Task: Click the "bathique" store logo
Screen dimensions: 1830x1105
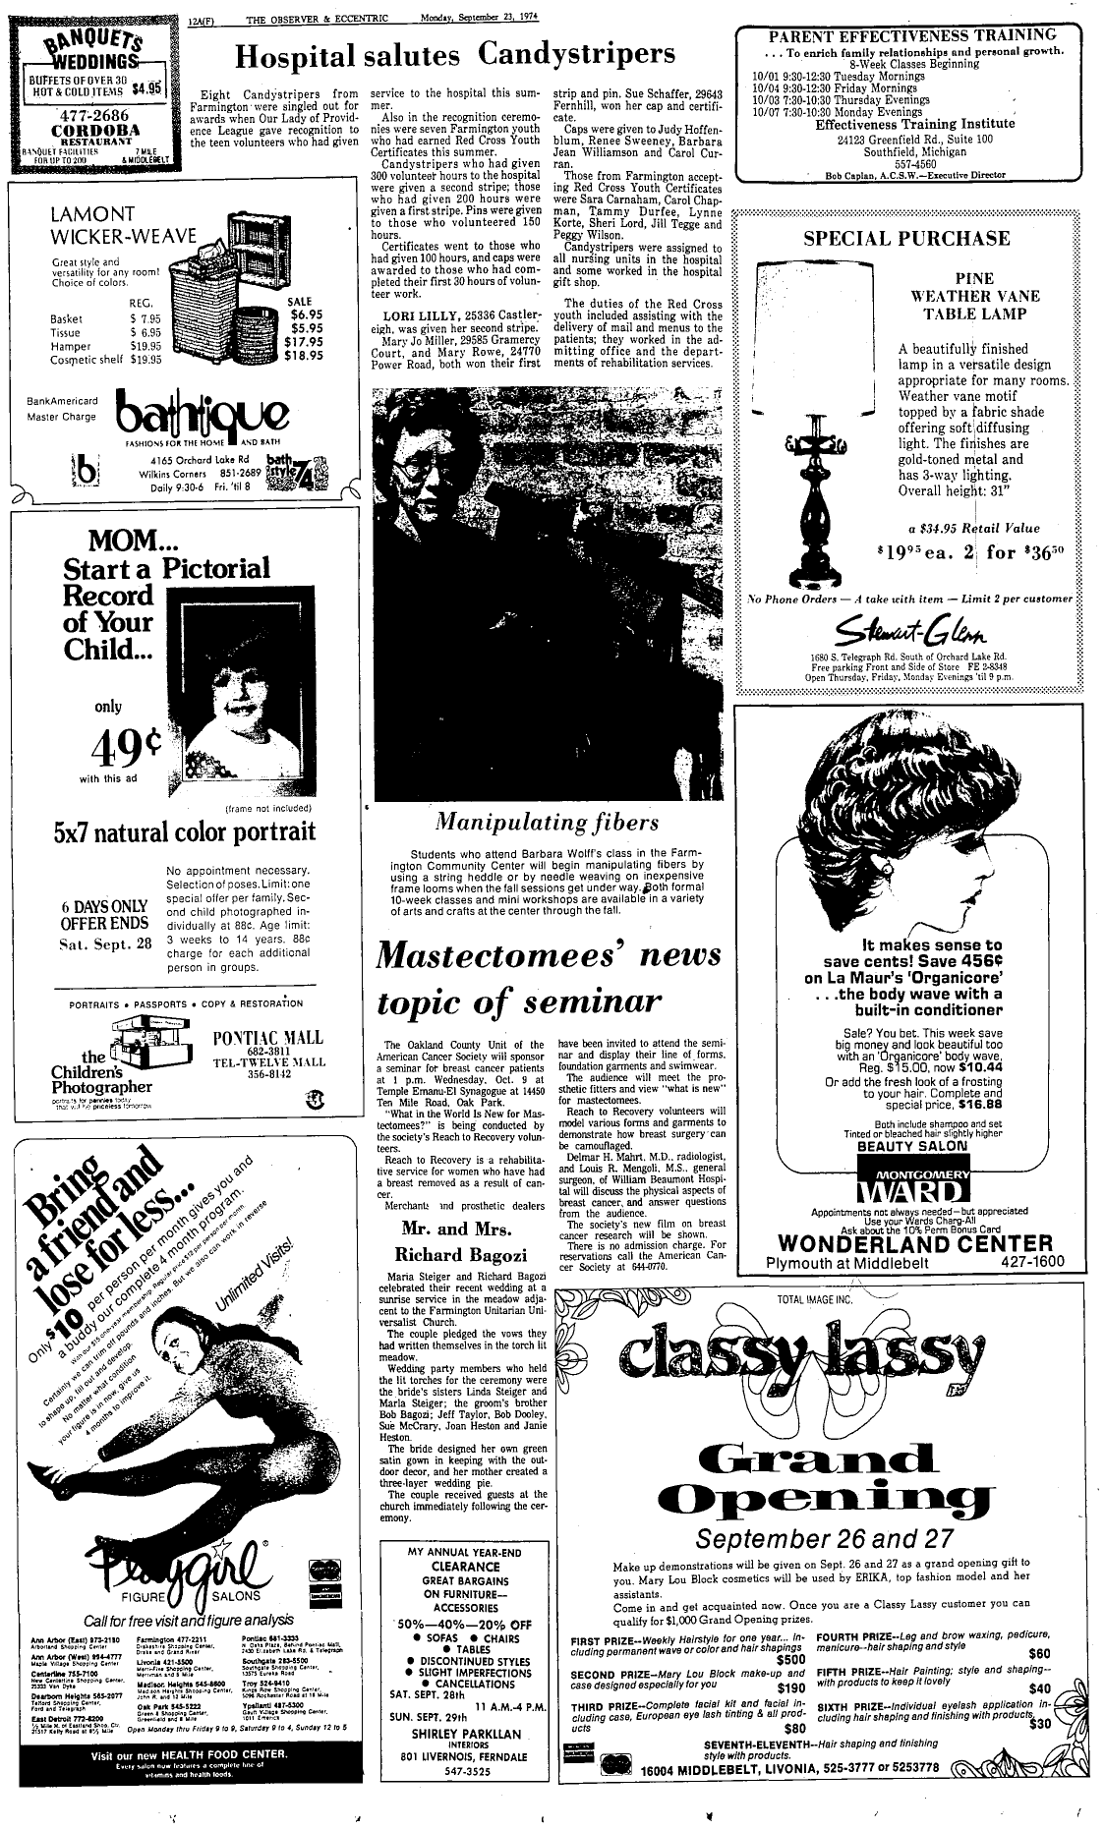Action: (x=200, y=415)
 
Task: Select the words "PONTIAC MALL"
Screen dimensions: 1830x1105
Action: (x=268, y=1040)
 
